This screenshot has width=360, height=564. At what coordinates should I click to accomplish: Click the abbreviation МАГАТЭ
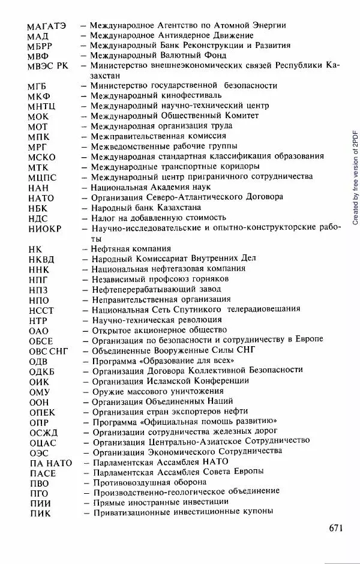coord(47,26)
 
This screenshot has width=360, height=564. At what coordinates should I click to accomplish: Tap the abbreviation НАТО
coord(41,198)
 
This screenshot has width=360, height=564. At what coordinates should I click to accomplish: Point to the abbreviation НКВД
coord(41,259)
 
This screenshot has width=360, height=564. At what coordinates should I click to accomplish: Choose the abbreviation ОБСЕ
coord(41,341)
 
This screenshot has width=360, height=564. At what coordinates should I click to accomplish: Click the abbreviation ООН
coord(39,402)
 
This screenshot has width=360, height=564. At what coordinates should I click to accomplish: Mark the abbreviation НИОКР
coord(44,229)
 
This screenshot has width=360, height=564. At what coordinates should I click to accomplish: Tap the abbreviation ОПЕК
coord(42,412)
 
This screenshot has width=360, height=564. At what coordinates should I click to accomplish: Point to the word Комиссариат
coord(160,259)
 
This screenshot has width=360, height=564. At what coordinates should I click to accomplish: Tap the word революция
coord(197,320)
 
